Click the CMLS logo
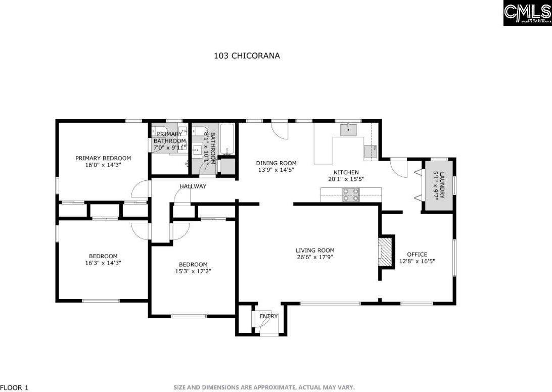pos(527,13)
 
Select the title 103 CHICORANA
pos(247,56)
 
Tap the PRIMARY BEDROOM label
pos(103,158)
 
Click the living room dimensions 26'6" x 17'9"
pos(315,257)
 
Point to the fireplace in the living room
pos(386,251)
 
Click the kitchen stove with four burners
pos(351,194)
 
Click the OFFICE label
pos(417,254)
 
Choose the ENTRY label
pos(268,317)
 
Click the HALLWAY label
pos(193,186)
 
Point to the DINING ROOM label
pos(276,163)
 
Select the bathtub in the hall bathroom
pos(228,139)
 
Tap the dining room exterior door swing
pos(280,129)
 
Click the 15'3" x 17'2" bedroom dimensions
pos(193,271)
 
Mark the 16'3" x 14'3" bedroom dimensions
pos(103,263)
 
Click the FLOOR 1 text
pos(15,387)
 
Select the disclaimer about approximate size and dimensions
pos(264,387)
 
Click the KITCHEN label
pos(346,172)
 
